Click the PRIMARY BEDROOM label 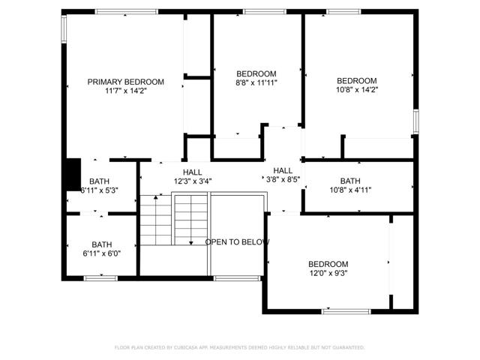click(125, 82)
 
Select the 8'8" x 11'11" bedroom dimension click(256, 83)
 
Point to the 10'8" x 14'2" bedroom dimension click(356, 91)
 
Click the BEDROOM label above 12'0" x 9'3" click(328, 264)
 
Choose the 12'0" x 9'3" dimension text click(328, 273)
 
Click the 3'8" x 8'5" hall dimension click(283, 179)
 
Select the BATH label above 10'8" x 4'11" click(349, 181)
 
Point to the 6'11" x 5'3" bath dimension click(100, 190)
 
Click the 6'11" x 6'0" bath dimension click(101, 253)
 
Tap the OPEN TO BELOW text click(237, 242)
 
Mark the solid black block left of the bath click(72, 173)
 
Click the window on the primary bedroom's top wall click(126, 11)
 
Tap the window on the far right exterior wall click(415, 121)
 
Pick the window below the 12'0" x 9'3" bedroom click(346, 310)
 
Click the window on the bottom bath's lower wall click(100, 278)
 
